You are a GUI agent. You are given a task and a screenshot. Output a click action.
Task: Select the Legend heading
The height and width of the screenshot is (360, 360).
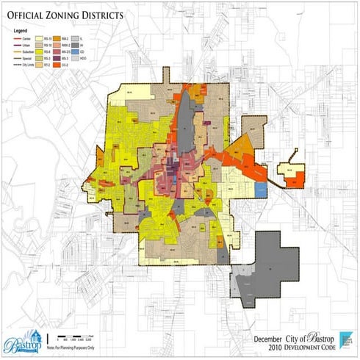(19, 31)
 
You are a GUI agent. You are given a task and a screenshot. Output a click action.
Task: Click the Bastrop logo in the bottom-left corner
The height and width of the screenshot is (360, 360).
(20, 342)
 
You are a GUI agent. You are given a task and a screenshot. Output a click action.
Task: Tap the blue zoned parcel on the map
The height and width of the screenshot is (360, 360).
(261, 188)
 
